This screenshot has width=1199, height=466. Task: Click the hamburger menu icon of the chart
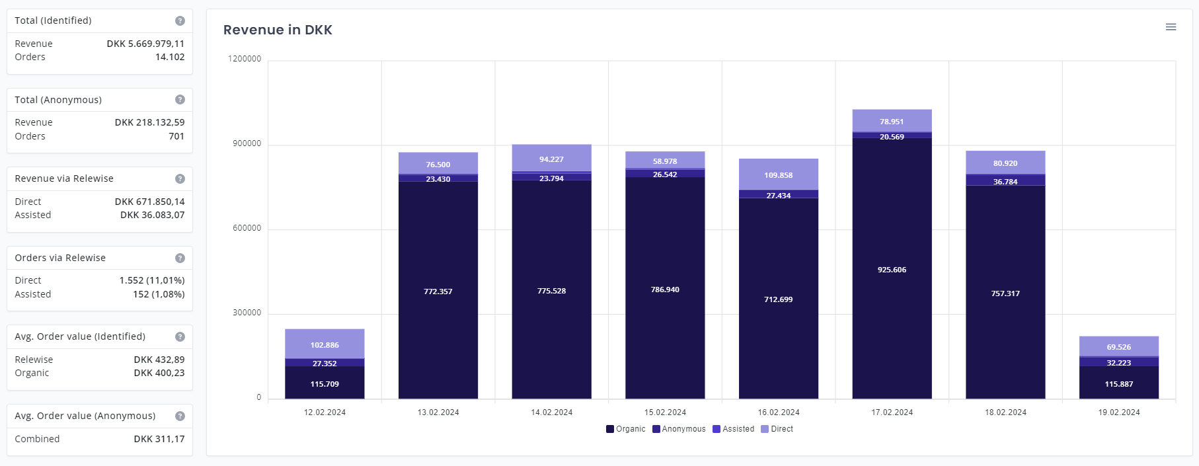click(x=1171, y=27)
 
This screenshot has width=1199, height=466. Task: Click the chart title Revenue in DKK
click(x=278, y=30)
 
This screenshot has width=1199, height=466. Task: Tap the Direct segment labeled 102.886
click(x=325, y=344)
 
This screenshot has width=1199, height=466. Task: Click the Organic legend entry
click(x=625, y=429)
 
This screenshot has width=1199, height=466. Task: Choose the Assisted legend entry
click(x=733, y=429)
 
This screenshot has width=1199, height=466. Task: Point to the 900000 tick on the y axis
click(x=247, y=143)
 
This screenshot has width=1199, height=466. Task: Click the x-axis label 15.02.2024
click(x=665, y=412)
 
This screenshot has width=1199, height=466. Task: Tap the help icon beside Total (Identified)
click(x=180, y=21)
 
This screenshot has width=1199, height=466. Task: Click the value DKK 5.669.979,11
click(x=145, y=44)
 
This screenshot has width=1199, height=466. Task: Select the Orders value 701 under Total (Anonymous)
click(x=176, y=136)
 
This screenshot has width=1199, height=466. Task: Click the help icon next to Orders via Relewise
click(x=180, y=258)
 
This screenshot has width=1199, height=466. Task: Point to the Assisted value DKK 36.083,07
click(x=152, y=215)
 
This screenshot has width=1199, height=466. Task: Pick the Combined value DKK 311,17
click(x=159, y=439)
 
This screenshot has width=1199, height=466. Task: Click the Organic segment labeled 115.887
click(x=1118, y=384)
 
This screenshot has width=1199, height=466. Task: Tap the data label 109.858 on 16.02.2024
click(x=778, y=175)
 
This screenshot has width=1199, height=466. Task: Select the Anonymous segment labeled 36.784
click(x=1005, y=180)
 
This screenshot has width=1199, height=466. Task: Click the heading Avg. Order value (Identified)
click(x=80, y=336)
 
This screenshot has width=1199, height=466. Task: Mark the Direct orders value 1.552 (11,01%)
click(x=152, y=280)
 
